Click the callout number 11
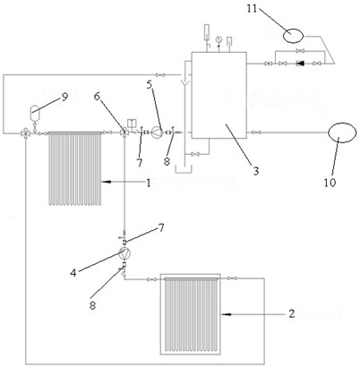click(x=252, y=8)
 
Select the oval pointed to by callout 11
click(x=293, y=36)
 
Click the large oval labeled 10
click(x=342, y=133)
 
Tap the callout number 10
click(x=330, y=183)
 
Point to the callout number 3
click(x=256, y=171)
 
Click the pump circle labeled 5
click(x=157, y=133)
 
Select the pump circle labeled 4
click(x=124, y=253)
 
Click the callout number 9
click(x=65, y=97)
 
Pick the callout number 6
click(x=97, y=96)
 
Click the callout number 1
click(x=149, y=183)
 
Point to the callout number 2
click(x=291, y=313)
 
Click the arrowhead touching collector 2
click(x=226, y=314)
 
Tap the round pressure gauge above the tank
click(x=219, y=39)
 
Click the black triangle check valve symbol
click(x=299, y=64)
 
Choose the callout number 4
click(x=73, y=272)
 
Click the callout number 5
click(x=150, y=85)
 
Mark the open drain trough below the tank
click(x=184, y=170)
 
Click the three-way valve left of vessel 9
click(x=26, y=133)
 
